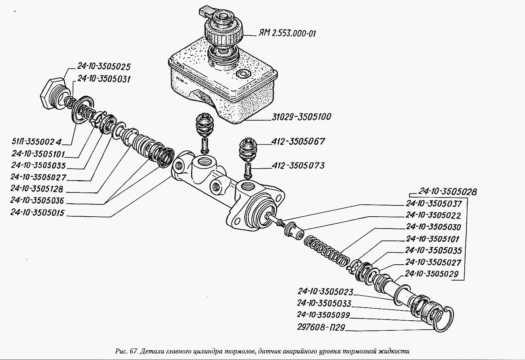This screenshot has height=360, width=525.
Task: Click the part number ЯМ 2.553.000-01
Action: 287,34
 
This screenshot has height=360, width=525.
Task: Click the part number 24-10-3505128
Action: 37,188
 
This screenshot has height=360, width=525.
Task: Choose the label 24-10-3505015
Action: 37,213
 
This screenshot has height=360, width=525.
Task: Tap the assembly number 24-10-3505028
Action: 448,192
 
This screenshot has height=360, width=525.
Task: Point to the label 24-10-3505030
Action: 433,227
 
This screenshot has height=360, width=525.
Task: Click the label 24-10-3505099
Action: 324,315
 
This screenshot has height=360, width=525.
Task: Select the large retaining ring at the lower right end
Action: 444,320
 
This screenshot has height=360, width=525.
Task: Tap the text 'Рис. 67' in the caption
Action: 126,351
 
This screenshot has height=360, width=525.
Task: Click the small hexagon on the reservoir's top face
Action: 243,74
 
